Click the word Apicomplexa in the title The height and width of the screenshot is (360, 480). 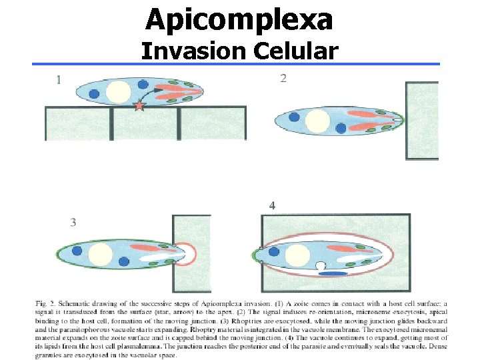click(239, 20)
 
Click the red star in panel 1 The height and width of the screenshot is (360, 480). click(139, 105)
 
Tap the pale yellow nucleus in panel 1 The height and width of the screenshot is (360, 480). click(119, 92)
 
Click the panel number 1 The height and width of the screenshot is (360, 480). click(59, 80)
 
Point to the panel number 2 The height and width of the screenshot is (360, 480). click(283, 79)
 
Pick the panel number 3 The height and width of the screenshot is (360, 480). click(73, 223)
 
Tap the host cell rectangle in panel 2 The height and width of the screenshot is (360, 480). click(422, 121)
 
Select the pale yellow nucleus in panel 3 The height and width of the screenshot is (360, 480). click(100, 254)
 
